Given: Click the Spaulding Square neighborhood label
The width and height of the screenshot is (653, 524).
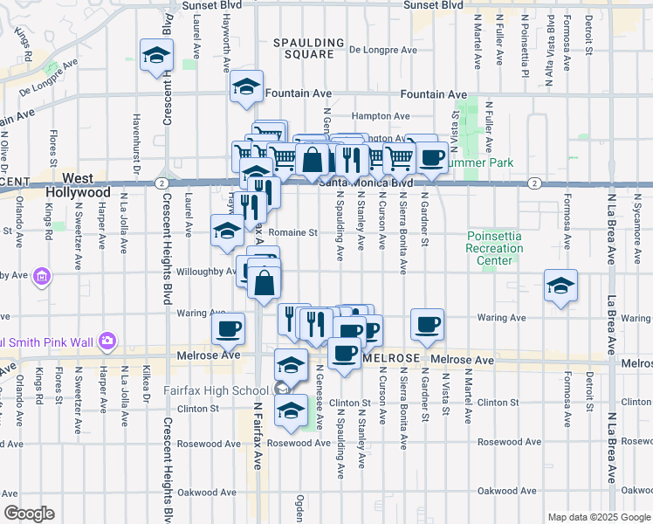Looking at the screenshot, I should [303, 48].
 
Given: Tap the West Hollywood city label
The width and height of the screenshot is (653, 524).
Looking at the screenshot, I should [84, 184].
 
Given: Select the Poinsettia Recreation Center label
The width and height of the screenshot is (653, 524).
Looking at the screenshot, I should [494, 248].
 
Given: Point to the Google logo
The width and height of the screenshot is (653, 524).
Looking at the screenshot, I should [29, 514].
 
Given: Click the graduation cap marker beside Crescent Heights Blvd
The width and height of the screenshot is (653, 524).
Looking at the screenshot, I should [157, 56].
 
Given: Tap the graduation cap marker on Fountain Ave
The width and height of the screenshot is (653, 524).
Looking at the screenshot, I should [246, 86].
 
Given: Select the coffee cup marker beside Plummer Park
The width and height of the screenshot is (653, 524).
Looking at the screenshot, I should [430, 157].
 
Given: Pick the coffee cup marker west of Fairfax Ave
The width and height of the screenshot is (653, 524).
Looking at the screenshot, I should [229, 328].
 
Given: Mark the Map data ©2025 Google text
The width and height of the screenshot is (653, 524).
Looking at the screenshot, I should [598, 517].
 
